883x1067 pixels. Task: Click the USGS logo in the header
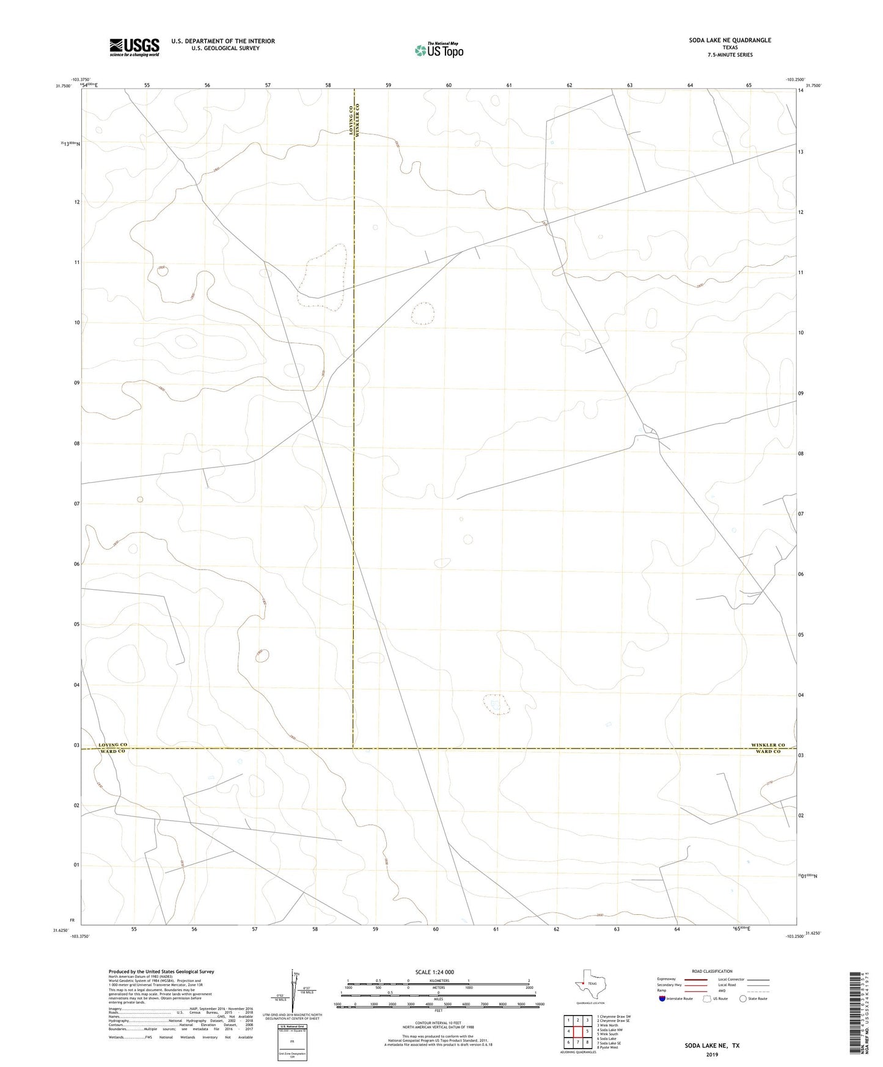point(134,47)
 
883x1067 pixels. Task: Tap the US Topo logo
point(438,50)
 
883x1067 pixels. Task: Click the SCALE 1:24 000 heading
point(434,972)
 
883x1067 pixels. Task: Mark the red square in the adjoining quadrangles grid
point(577,1032)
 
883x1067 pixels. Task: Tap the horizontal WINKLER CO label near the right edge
point(768,745)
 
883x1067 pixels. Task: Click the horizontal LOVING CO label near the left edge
point(112,745)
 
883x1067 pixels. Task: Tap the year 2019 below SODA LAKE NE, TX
point(711,1054)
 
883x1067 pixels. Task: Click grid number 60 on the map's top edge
point(449,86)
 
